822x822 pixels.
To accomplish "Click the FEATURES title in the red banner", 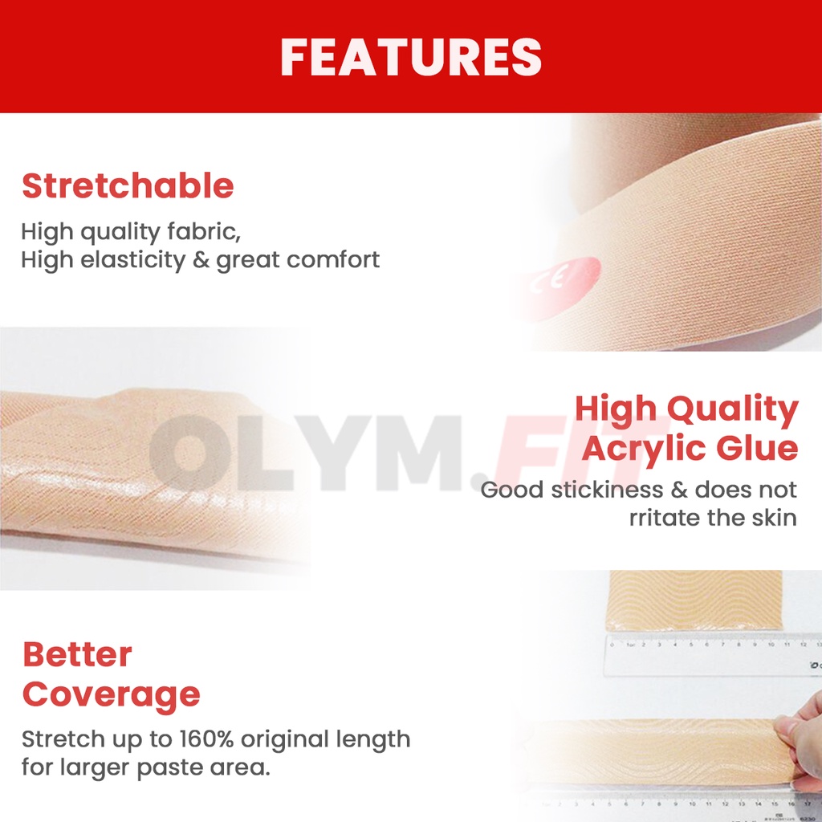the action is point(411,57).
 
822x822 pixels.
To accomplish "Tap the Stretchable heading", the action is point(128,185).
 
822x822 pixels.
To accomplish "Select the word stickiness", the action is point(607,490).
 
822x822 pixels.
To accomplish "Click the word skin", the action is point(775,518).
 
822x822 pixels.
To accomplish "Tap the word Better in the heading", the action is point(77,655).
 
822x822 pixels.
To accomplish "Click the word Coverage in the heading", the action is point(111,695).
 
